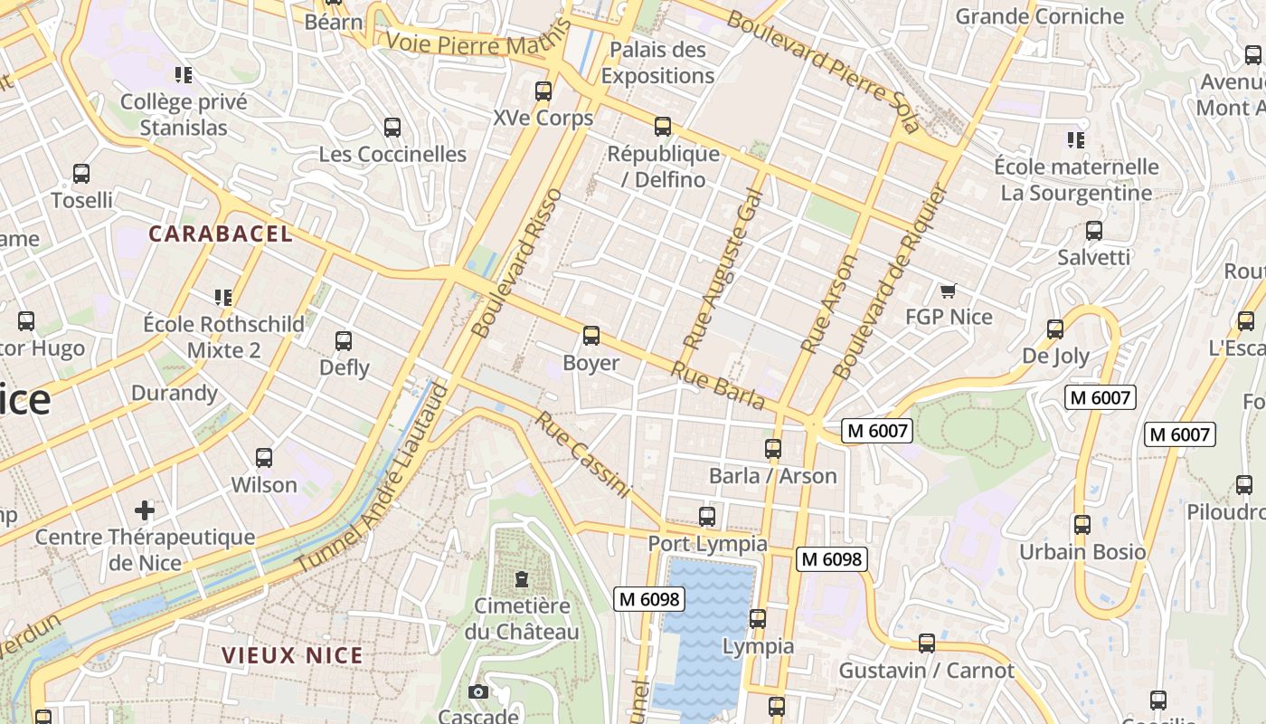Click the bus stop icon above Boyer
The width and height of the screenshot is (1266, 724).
tap(591, 336)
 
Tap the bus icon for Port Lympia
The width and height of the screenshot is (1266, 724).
tap(707, 517)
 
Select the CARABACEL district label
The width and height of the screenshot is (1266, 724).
tap(221, 233)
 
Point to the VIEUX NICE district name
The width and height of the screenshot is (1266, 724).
tap(293, 655)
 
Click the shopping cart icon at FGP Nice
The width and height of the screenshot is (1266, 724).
tap(948, 291)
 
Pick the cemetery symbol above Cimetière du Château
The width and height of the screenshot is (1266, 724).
tap(521, 578)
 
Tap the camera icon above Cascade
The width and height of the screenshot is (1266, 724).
tap(478, 692)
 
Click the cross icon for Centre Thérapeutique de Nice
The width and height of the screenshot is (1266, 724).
tap(145, 510)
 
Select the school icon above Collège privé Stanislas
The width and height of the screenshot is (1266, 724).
tap(184, 75)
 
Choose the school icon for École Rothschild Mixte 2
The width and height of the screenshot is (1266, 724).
tap(223, 297)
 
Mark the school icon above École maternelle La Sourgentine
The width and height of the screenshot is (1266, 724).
tap(1075, 140)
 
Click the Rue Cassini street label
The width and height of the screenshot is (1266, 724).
tap(581, 454)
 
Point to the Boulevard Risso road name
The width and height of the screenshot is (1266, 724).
tap(517, 262)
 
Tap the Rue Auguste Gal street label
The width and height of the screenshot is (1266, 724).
tap(723, 271)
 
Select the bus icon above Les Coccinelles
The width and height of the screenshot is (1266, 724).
tap(392, 128)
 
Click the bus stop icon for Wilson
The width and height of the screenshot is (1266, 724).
tap(264, 458)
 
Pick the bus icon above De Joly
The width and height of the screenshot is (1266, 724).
tap(1055, 329)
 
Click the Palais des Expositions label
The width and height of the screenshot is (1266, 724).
tap(657, 62)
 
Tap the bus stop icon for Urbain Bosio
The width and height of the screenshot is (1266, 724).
tap(1082, 525)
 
